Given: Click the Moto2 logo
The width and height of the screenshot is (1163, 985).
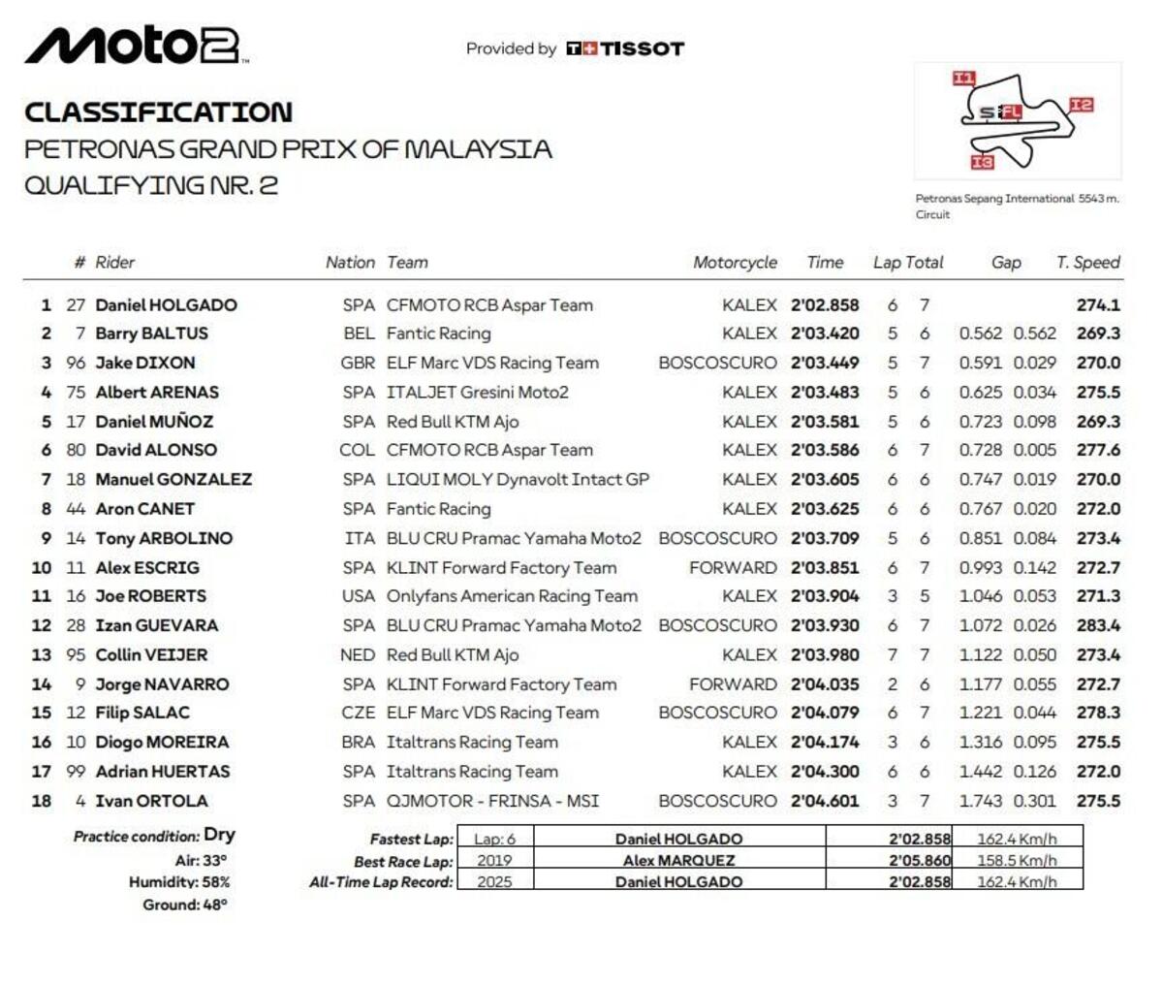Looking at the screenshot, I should (x=136, y=46).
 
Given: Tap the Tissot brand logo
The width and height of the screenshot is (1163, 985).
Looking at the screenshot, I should (x=625, y=48).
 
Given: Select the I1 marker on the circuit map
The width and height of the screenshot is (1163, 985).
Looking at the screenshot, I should (x=963, y=79).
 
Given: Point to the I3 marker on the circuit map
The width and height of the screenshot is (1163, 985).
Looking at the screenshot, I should (x=982, y=162).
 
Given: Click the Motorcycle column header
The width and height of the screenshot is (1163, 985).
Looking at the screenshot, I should (x=735, y=263).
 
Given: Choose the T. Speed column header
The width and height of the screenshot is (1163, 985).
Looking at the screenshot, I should (x=1087, y=263).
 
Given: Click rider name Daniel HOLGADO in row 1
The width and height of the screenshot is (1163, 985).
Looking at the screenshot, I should (x=166, y=305).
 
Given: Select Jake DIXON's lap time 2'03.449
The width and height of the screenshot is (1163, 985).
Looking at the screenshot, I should (x=825, y=364).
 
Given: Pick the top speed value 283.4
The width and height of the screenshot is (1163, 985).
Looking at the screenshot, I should (x=1098, y=625).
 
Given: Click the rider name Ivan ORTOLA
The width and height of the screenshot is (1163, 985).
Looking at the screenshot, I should (x=151, y=801).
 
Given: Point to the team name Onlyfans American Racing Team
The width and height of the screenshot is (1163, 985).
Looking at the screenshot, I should (x=512, y=596).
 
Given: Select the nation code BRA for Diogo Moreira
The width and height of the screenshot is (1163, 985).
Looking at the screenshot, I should (x=358, y=743).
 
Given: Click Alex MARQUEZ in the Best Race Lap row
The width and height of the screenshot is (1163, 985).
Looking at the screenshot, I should (x=678, y=861).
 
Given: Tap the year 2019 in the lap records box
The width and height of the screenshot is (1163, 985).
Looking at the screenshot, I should (x=494, y=861).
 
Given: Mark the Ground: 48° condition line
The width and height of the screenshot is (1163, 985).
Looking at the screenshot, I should (x=184, y=905).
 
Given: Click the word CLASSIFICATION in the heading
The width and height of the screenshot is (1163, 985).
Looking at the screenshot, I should (x=158, y=112).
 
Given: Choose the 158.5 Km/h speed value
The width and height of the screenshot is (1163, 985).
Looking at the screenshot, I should (x=1017, y=861).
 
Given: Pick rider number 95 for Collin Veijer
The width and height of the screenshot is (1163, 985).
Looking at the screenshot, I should (x=76, y=655).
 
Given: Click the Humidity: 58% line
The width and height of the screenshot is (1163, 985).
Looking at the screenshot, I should (x=179, y=882).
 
